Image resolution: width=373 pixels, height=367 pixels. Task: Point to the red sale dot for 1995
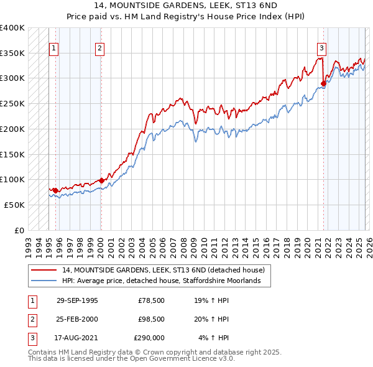[56, 190]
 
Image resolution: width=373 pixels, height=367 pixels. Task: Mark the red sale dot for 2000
[101, 180]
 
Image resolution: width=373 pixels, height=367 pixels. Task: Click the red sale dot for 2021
[323, 83]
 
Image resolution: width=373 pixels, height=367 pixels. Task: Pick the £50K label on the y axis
[14, 205]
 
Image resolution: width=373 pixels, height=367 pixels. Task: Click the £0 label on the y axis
[19, 230]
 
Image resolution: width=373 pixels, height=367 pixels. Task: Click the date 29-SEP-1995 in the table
[76, 300]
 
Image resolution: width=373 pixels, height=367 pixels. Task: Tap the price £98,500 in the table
[149, 319]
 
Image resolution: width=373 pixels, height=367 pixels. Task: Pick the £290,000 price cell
[149, 338]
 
